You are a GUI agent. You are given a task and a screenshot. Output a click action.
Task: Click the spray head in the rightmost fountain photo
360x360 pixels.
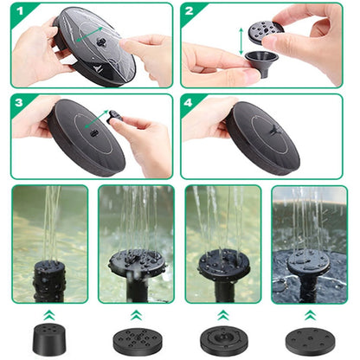point(309,263)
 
